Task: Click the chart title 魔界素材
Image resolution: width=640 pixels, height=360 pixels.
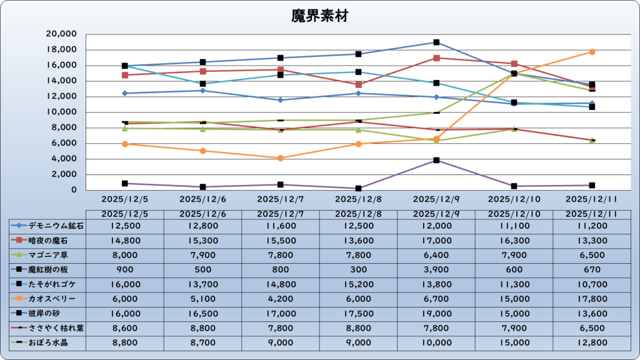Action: pos(319,16)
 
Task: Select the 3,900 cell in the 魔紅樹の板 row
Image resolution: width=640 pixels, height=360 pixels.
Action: pos(436,270)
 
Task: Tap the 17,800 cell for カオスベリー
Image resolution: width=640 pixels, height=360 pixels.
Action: pos(592,299)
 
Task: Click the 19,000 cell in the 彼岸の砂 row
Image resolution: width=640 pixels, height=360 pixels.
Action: pos(436,314)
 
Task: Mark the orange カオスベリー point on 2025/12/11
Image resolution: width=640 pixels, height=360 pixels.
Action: pos(592,52)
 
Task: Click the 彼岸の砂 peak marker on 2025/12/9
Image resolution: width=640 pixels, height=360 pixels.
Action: pos(436,42)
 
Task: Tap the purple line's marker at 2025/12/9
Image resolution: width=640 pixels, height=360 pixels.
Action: pos(436,160)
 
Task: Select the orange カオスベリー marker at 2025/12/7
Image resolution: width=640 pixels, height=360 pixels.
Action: pos(281,158)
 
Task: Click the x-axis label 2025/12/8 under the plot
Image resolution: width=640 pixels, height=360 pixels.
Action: pos(358,199)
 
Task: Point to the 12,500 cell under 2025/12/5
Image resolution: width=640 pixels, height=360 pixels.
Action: pos(125,226)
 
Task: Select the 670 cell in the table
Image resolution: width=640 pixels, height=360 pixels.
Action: pos(592,270)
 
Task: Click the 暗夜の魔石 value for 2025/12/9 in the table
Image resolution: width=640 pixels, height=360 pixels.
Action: pos(436,241)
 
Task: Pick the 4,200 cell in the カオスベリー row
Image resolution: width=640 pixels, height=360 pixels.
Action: pos(281,299)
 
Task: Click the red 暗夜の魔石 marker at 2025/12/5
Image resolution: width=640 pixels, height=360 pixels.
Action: pos(125,75)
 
